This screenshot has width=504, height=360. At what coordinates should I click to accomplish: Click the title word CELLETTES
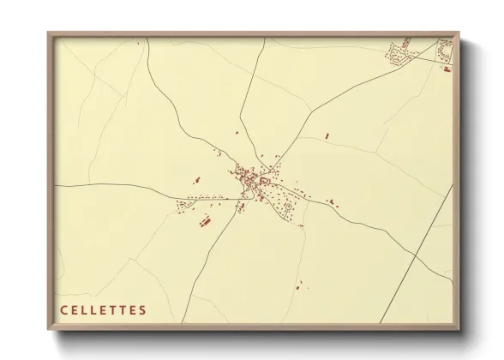(x=104, y=310)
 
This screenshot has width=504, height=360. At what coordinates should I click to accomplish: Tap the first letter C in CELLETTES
(x=63, y=310)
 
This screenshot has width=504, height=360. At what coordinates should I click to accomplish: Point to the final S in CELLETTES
(x=143, y=310)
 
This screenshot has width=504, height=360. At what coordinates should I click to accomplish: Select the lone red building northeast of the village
(x=327, y=135)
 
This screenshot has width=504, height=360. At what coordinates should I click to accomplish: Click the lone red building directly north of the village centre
(x=237, y=133)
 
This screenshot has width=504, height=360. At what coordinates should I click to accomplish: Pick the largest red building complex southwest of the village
(x=205, y=222)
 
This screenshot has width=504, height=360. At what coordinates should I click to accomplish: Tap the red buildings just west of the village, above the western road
(x=196, y=180)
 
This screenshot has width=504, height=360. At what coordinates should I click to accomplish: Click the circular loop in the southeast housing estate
(x=290, y=207)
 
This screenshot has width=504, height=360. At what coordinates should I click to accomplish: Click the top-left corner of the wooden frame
(x=49, y=34)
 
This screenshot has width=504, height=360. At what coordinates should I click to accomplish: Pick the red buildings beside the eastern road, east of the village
(x=331, y=203)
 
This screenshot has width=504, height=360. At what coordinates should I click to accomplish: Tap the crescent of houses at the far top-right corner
(x=444, y=50)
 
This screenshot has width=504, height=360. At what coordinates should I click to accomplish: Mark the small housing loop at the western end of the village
(x=182, y=206)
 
